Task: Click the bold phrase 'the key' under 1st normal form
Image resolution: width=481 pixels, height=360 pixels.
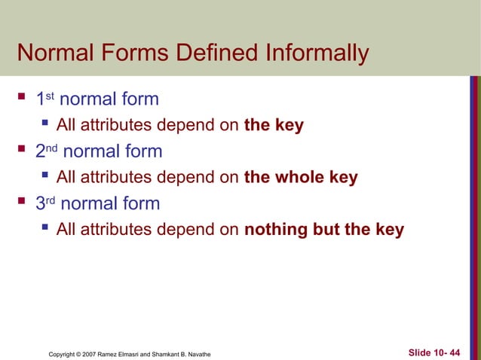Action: [274, 126]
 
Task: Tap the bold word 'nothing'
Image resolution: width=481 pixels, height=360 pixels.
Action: [276, 230]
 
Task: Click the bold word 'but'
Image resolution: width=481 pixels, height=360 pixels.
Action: [326, 230]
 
